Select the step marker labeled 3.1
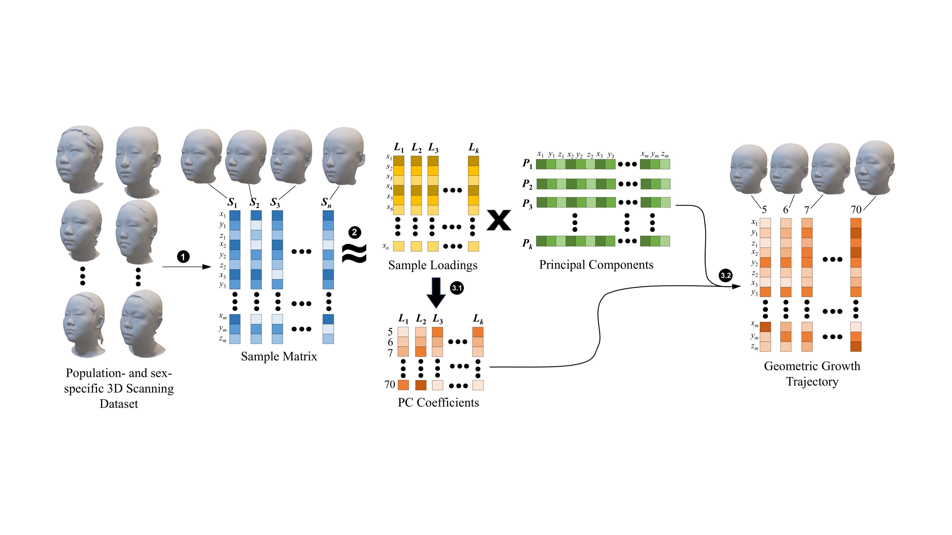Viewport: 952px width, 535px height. pyautogui.click(x=457, y=288)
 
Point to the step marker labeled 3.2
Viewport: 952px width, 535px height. pyautogui.click(x=725, y=275)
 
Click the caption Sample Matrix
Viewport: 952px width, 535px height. pyautogui.click(x=279, y=356)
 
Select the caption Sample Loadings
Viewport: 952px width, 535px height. pyautogui.click(x=433, y=265)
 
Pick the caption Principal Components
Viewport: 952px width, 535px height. pyautogui.click(x=596, y=265)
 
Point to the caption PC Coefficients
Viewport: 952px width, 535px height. pyautogui.click(x=438, y=402)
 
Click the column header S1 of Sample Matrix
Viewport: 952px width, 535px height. pyautogui.click(x=232, y=202)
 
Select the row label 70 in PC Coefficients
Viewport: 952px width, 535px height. pyautogui.click(x=390, y=385)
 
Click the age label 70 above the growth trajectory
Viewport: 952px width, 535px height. pyautogui.click(x=856, y=210)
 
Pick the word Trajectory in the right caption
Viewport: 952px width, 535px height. pyautogui.click(x=812, y=381)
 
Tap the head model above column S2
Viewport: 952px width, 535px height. pyautogui.click(x=246, y=157)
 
